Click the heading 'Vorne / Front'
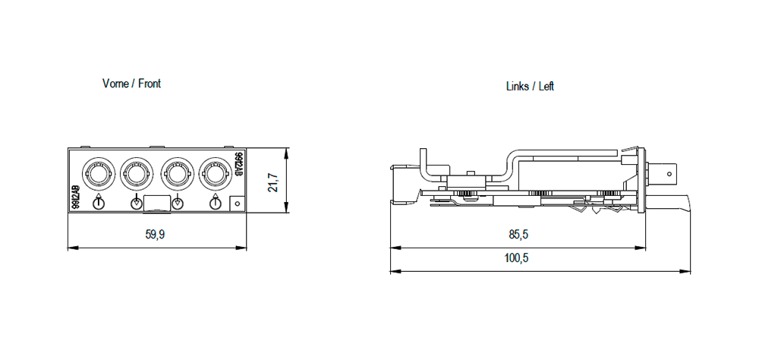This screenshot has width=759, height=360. pyautogui.click(x=131, y=84)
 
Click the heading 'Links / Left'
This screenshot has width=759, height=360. pyautogui.click(x=530, y=87)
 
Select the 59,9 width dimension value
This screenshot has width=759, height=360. pyautogui.click(x=155, y=235)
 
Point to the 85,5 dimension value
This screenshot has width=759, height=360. pyautogui.click(x=518, y=235)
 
